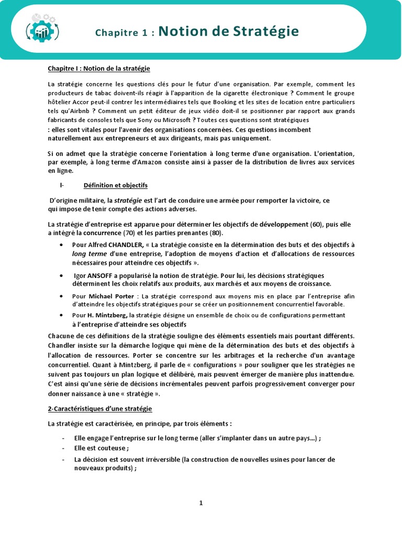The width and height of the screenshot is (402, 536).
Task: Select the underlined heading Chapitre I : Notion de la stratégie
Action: coord(99,69)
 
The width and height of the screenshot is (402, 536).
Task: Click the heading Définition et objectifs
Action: coord(115,185)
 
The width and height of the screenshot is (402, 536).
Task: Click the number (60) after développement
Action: coord(316,225)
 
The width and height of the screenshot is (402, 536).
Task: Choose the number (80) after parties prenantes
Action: coord(219,233)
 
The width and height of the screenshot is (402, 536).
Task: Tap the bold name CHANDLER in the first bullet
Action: coord(126,244)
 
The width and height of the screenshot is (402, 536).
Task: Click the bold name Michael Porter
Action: coord(107,296)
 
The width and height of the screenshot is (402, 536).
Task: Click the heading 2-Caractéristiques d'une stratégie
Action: coord(100,408)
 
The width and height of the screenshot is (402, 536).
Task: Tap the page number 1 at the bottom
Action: coord(200,503)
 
